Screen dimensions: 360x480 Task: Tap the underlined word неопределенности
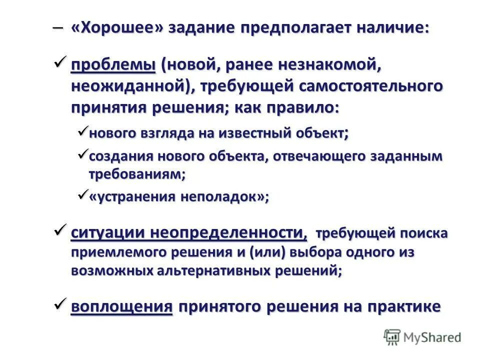point(226,232)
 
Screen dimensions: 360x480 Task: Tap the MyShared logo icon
point(391,337)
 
